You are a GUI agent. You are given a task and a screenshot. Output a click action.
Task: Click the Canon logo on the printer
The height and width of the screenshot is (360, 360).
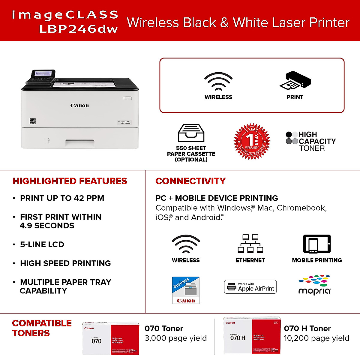[79, 106]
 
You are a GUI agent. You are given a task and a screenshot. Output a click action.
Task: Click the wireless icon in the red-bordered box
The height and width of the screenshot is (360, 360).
[218, 81]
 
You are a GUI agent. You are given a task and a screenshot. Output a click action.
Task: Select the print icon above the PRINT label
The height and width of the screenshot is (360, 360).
[295, 81]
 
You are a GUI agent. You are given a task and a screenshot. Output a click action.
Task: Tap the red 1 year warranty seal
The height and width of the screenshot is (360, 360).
[252, 141]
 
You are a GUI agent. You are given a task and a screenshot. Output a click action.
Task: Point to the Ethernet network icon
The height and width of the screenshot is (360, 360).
[250, 244]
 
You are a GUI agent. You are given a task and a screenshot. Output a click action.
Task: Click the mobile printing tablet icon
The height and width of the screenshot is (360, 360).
[317, 244]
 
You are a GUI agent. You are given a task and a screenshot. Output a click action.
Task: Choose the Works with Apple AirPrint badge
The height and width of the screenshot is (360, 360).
[250, 287]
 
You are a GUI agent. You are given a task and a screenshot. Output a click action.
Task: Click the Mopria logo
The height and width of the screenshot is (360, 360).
[315, 285]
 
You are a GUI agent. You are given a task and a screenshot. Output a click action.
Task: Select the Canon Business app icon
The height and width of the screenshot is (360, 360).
[186, 290]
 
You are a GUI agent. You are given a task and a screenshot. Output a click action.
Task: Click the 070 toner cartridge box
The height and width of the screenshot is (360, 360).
[111, 338]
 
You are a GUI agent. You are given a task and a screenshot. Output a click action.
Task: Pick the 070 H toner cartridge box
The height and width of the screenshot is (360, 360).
[252, 335]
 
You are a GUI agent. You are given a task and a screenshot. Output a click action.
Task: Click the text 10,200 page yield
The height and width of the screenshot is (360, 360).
[316, 338]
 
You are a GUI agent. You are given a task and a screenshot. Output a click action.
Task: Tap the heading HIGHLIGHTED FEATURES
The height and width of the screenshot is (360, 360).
[70, 181]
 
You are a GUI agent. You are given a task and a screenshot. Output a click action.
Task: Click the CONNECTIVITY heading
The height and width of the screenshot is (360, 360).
[190, 181]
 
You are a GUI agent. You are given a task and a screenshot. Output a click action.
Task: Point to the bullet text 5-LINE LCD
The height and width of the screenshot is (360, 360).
[42, 244]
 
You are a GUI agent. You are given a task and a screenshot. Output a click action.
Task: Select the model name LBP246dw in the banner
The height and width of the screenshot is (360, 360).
[78, 29]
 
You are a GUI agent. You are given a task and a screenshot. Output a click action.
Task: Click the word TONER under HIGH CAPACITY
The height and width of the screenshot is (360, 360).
[312, 148]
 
